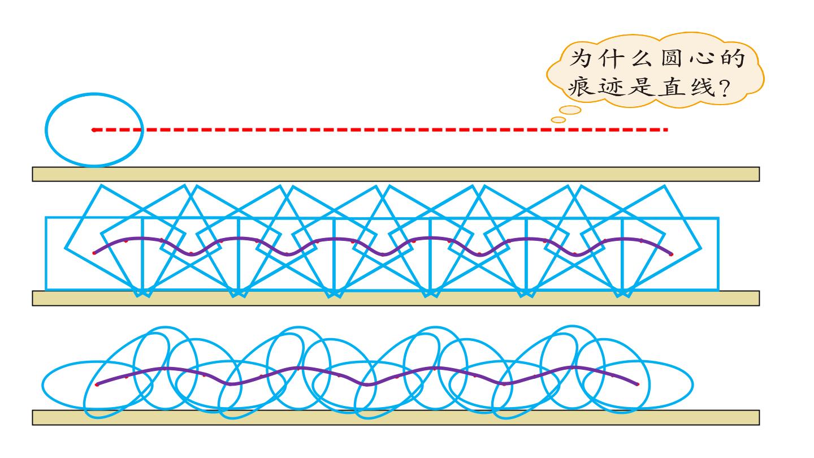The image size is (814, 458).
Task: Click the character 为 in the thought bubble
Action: [581, 58]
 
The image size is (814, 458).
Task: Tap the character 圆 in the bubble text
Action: [671, 58]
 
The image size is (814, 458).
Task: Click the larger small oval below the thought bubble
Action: [570, 110]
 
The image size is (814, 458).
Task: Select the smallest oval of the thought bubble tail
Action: [558, 120]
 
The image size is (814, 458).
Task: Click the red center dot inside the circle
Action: [94, 130]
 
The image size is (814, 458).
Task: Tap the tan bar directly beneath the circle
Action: [396, 174]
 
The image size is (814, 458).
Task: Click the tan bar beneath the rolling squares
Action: [396, 299]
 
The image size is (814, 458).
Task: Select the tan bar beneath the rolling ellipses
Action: [396, 417]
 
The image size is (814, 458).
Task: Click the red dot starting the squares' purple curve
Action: [94, 253]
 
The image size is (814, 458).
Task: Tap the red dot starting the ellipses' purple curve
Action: [97, 384]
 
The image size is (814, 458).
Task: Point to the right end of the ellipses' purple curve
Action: [638, 384]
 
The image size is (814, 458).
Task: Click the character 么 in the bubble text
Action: [642, 58]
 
